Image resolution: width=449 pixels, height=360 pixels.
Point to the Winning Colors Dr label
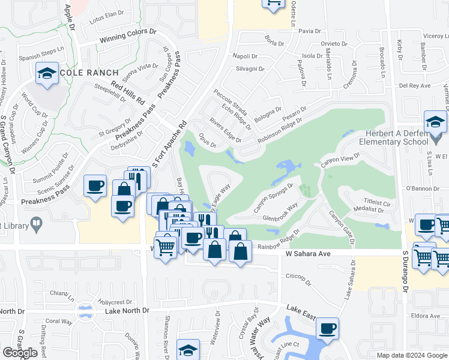click(x=127, y=37)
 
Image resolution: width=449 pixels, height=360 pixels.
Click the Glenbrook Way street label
click(x=280, y=212)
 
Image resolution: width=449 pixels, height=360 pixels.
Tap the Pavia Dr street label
click(x=310, y=31)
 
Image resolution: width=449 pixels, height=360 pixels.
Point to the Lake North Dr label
click(x=127, y=310)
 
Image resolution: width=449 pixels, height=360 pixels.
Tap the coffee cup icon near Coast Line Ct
click(x=327, y=329)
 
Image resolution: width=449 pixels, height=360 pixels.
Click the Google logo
click(x=20, y=353)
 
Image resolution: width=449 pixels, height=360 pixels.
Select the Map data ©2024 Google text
click(x=411, y=355)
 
